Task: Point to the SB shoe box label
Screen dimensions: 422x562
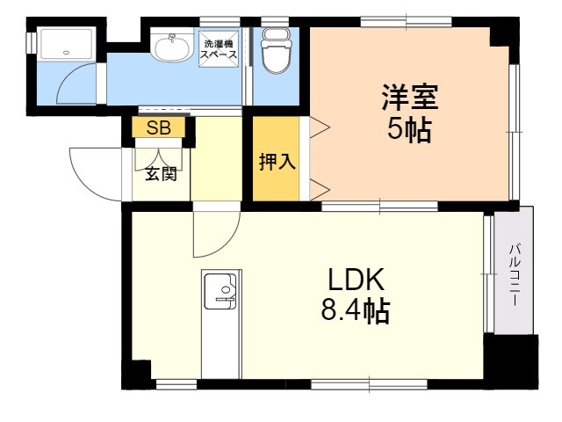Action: [159, 128]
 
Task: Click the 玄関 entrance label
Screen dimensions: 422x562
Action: [161, 173]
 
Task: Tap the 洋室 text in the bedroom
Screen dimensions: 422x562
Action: [408, 95]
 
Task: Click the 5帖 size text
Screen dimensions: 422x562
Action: [409, 130]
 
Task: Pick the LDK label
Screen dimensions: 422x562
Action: [356, 280]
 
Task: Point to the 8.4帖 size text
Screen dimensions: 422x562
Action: [356, 311]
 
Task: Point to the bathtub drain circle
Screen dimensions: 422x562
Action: [67, 52]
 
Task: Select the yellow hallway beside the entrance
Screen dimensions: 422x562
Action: [215, 158]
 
